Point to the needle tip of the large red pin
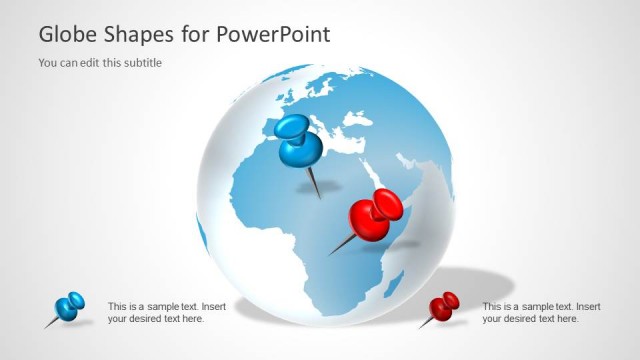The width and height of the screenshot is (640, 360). click(x=330, y=254)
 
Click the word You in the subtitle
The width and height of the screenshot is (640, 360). click(x=48, y=63)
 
